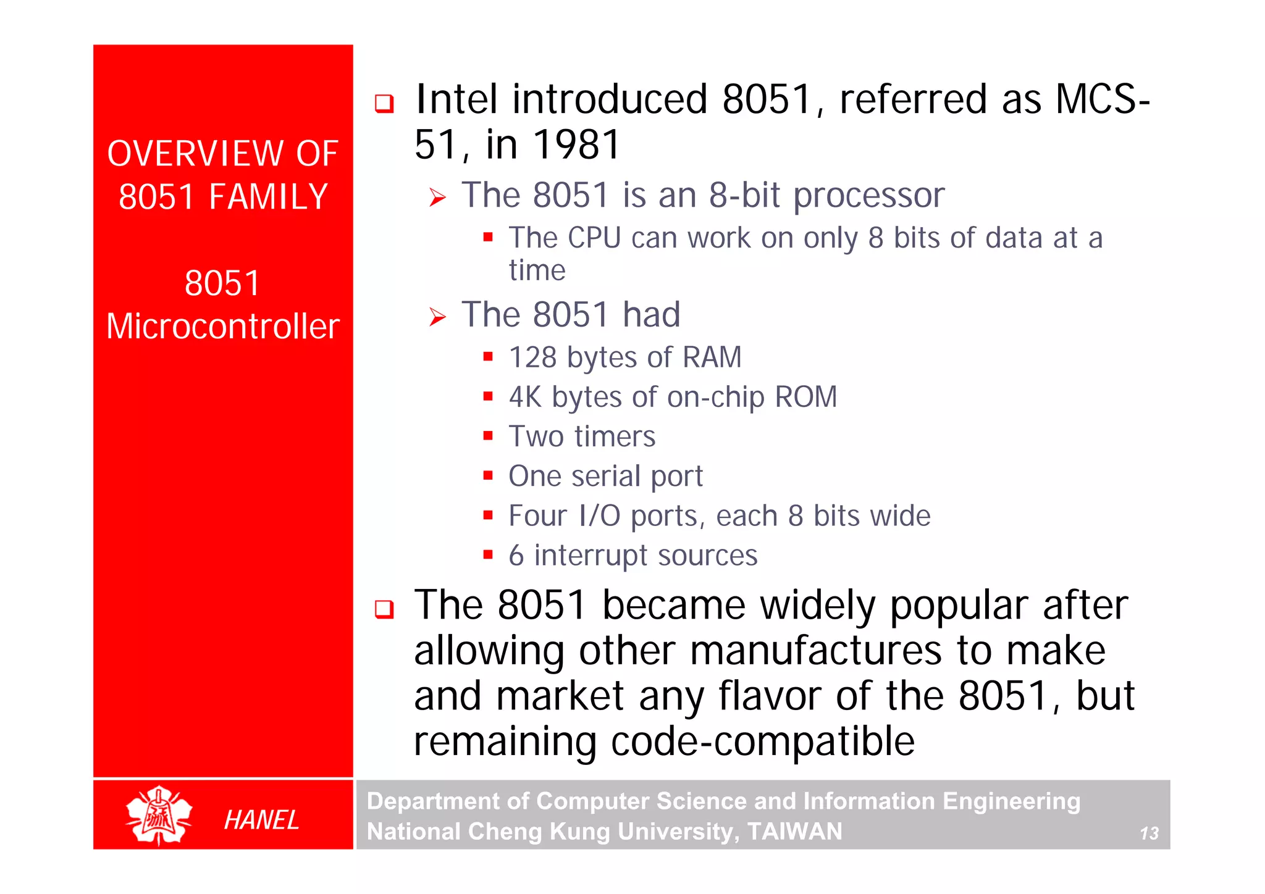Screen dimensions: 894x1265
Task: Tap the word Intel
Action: (x=456, y=99)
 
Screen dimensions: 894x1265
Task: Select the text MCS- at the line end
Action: (x=1103, y=99)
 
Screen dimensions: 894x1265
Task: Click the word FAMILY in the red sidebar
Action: (x=267, y=197)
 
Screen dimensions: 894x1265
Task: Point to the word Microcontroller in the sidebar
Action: (x=223, y=326)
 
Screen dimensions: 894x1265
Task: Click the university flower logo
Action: (x=159, y=815)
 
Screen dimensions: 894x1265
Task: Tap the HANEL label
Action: (x=261, y=820)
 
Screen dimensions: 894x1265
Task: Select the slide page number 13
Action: (x=1149, y=833)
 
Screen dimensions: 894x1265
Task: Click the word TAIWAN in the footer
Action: (x=794, y=832)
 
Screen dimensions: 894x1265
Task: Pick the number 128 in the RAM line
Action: (x=532, y=357)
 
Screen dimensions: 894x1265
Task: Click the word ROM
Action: (x=806, y=397)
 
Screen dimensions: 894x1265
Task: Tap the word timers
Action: (x=615, y=437)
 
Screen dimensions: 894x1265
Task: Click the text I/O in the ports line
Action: (x=599, y=516)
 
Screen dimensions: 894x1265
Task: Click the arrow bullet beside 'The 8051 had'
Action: (x=437, y=317)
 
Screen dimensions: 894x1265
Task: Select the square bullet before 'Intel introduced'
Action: (x=384, y=103)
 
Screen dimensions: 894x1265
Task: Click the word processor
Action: (x=868, y=196)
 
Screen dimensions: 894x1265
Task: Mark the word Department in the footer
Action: (x=432, y=801)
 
